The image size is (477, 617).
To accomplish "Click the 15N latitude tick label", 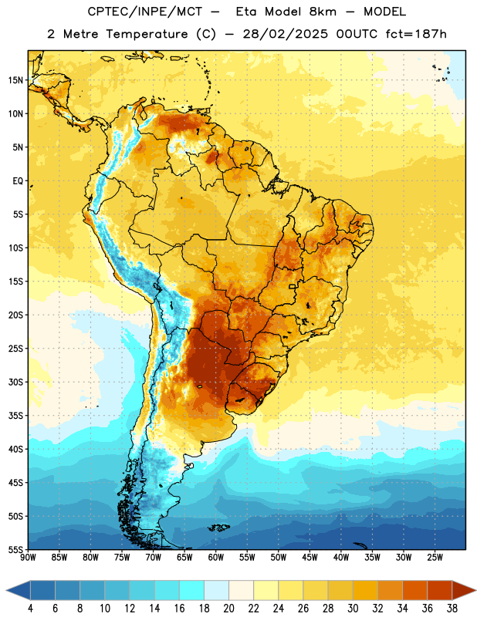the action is pos(15,80).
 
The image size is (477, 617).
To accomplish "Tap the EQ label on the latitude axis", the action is pos(18,181).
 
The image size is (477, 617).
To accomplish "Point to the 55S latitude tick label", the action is pos(15,549).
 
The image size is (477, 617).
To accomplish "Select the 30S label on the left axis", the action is pos(15,382).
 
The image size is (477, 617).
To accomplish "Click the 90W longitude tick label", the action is pos(29,557).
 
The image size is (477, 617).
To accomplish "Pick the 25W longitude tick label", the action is pos(435,557).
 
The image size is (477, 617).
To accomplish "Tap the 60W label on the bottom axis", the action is pos(216,557).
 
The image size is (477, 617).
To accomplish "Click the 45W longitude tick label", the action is pos(310,557).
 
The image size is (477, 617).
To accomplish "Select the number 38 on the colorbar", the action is pos(452,609).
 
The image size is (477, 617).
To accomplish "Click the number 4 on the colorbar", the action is pos(30,609).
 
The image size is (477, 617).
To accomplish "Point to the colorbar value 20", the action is pos(228,609).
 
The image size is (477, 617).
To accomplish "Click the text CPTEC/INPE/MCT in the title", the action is pos(145,12).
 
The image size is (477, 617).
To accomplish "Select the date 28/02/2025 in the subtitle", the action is pos(285,34).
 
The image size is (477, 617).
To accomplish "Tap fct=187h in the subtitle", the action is pos(416,34).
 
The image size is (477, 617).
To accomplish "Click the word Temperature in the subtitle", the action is pos(147,34).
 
